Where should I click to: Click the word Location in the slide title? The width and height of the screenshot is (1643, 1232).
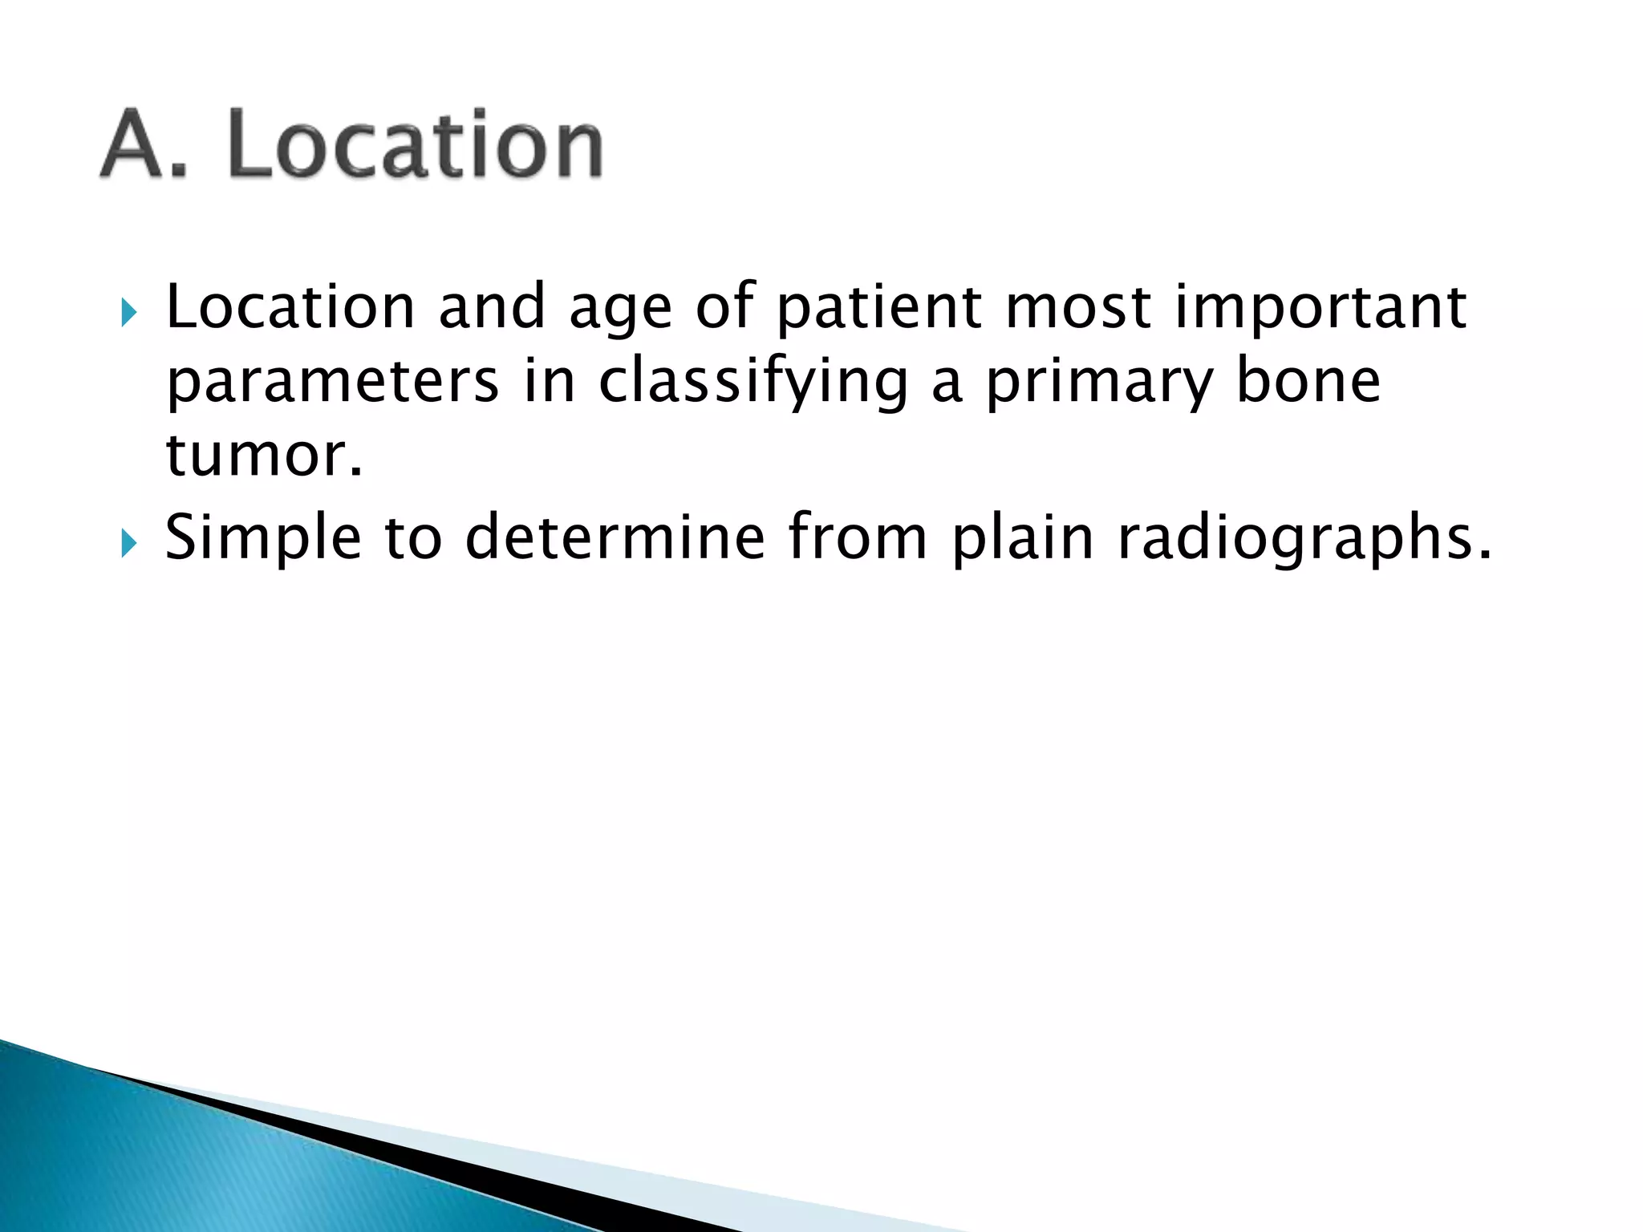pyautogui.click(x=414, y=144)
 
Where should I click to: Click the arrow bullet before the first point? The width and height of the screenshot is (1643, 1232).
pyautogui.click(x=128, y=313)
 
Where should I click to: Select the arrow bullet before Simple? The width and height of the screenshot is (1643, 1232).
pyautogui.click(x=128, y=545)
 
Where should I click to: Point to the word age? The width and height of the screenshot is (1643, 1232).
pyautogui.click(x=620, y=313)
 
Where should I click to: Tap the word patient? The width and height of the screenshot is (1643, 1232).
pyautogui.click(x=879, y=309)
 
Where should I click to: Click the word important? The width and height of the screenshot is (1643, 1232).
pyautogui.click(x=1320, y=309)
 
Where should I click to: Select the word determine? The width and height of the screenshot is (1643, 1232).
pyautogui.click(x=615, y=537)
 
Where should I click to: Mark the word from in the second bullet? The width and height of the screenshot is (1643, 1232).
pyautogui.click(x=857, y=537)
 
